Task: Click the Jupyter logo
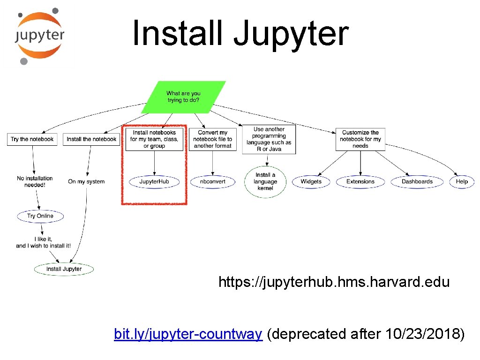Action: coord(39,36)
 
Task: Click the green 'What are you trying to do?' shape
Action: coord(183,97)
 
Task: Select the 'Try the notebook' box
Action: coord(32,139)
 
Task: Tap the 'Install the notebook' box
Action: coord(91,139)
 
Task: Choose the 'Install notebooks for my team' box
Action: coord(154,139)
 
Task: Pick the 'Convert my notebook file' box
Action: coord(213,139)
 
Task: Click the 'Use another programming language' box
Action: coord(269,139)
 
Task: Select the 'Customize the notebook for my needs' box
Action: coord(360,139)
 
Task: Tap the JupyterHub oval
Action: coord(154,181)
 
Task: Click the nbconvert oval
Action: coord(213,181)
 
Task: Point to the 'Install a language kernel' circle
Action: coord(265,182)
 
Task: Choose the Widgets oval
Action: coord(311,181)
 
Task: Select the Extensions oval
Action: coord(360,181)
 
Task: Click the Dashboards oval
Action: coord(417,181)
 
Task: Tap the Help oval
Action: coord(462,181)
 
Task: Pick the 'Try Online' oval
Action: coord(40,216)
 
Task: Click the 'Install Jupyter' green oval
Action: coord(64,269)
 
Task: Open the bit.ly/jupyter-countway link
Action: coord(188,334)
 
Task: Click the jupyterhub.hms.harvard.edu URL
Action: coord(334,282)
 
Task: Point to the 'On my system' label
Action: coord(86,181)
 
